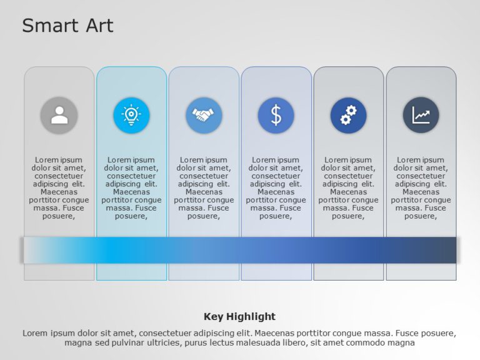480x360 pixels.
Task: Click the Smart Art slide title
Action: tap(67, 26)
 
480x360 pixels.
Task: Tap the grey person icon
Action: tap(59, 116)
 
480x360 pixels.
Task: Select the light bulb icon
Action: tap(131, 116)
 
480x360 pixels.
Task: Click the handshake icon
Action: tap(204, 116)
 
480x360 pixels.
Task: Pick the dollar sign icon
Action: tap(276, 116)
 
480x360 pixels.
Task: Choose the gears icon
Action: tap(348, 116)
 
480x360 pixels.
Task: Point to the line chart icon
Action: tap(421, 116)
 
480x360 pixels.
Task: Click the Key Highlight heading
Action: tap(239, 316)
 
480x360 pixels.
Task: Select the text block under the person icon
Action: tap(59, 188)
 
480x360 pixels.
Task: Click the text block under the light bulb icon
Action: tap(131, 188)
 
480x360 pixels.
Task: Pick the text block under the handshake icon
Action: tap(204, 188)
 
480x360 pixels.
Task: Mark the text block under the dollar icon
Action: tap(276, 188)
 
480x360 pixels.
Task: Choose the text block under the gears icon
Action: tap(348, 188)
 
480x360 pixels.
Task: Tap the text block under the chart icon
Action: tap(421, 188)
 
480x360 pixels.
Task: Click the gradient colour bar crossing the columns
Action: tap(239, 250)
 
